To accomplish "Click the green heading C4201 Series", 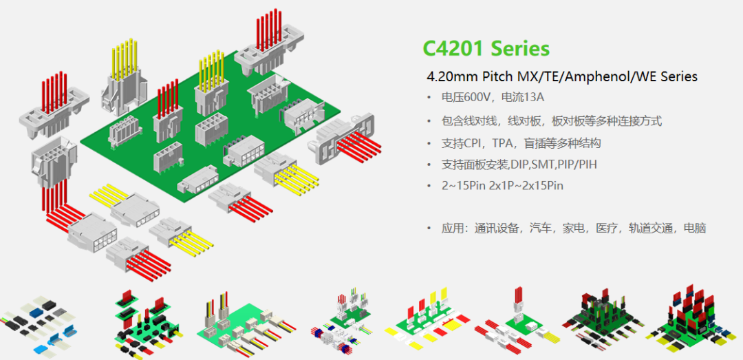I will [486, 48].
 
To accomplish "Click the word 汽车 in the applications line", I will [541, 228].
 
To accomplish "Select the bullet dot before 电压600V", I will [430, 97].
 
